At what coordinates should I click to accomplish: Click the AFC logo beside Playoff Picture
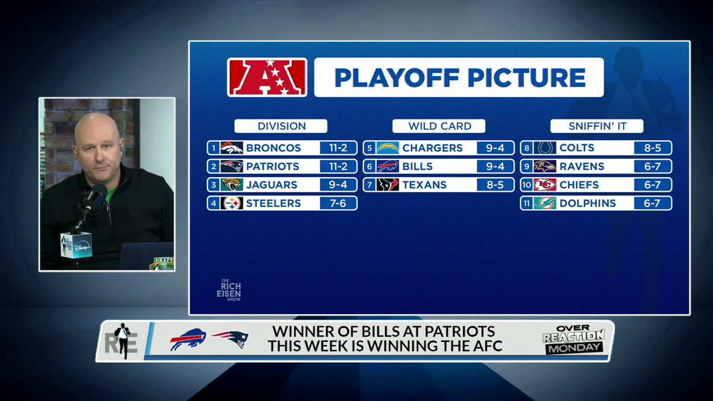[x=267, y=77]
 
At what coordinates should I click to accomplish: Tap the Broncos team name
[x=273, y=148]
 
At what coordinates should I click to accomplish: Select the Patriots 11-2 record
[x=338, y=166]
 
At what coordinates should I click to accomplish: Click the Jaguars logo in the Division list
[x=232, y=185]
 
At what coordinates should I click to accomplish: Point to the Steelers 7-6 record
[x=338, y=203]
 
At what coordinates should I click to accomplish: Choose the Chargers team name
[x=432, y=148]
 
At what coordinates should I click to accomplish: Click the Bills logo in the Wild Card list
[x=387, y=166]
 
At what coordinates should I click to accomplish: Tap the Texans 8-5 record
[x=495, y=185]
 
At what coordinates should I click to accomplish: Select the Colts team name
[x=577, y=148]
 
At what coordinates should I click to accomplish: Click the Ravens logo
[x=544, y=166]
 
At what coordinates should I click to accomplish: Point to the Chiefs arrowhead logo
[x=544, y=185]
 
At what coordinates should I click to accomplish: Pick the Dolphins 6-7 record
[x=652, y=203]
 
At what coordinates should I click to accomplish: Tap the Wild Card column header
[x=439, y=126]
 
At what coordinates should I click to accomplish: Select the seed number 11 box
[x=526, y=203]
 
